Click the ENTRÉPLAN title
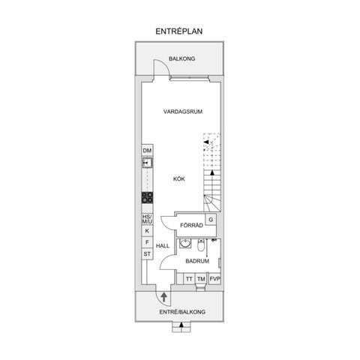point(179,31)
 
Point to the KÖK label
point(179,178)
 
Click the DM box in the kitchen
point(147,151)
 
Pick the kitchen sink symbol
point(147,162)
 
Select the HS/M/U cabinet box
point(147,219)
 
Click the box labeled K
point(147,231)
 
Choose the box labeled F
point(147,243)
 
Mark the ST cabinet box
point(147,255)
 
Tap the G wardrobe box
point(211,219)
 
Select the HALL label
point(163,246)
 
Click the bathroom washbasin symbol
point(184,244)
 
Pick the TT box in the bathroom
point(189,279)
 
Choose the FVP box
point(214,279)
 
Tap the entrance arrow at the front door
point(163,298)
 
